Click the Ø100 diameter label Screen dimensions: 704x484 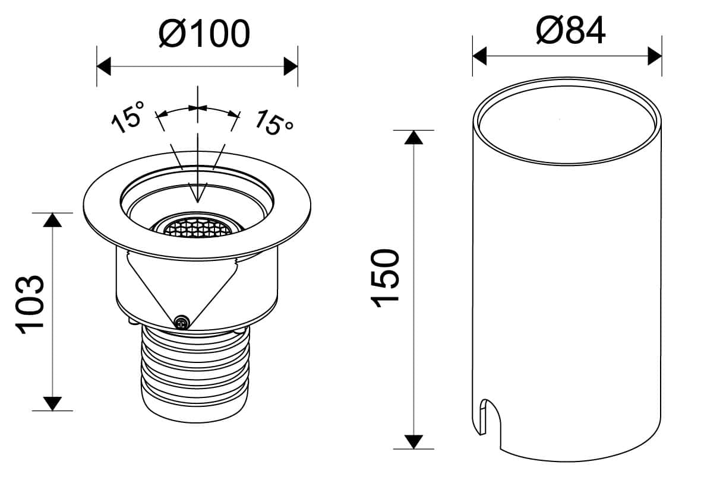(204, 33)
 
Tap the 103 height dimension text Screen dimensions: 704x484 (31, 305)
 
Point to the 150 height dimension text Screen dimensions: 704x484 (385, 278)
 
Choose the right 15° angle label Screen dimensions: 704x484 (274, 122)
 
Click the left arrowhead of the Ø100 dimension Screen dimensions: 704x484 (104, 66)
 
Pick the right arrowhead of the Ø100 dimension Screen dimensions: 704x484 (291, 66)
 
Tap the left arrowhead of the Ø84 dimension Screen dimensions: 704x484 (479, 56)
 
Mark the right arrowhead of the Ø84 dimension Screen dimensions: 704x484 (655, 56)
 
